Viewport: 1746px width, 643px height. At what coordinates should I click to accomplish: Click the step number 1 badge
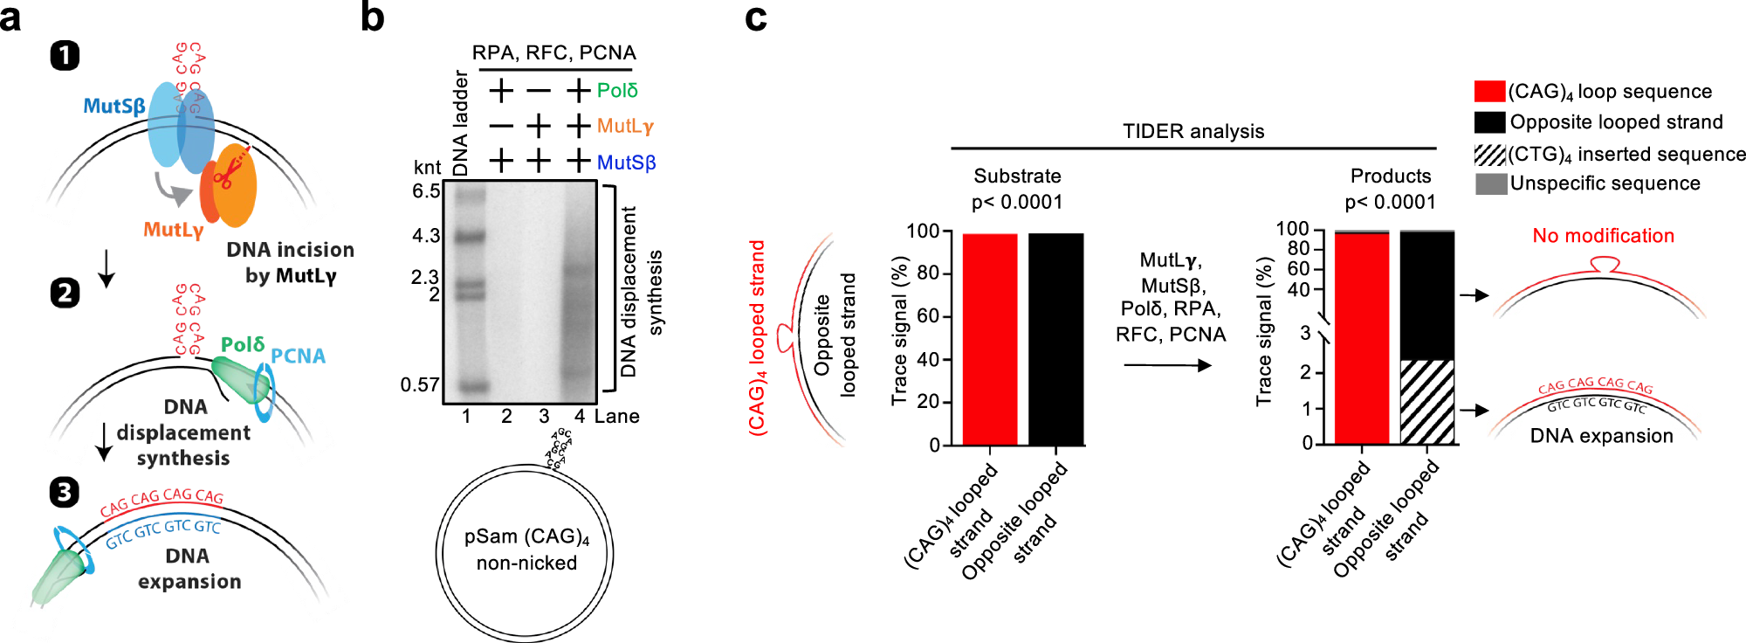click(x=65, y=56)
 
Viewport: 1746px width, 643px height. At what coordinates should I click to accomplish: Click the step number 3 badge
click(x=64, y=492)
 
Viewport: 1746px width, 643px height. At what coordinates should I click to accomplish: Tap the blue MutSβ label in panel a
click(x=114, y=107)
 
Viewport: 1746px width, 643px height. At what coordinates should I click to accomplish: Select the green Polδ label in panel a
click(x=243, y=344)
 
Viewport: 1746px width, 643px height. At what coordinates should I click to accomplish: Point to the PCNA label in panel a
click(x=298, y=356)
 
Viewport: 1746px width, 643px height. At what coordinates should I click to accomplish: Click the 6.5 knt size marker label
click(x=426, y=191)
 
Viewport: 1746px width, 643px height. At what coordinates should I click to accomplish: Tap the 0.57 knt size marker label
click(x=420, y=384)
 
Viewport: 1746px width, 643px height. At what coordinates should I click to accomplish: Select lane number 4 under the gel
click(x=580, y=417)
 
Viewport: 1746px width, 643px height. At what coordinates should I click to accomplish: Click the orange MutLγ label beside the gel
click(x=625, y=126)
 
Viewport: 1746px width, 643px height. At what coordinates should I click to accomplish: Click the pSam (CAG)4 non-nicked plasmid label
click(x=526, y=550)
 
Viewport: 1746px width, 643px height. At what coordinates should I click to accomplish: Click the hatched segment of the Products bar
click(x=1427, y=402)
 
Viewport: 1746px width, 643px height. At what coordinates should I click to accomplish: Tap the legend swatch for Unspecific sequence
click(x=1490, y=183)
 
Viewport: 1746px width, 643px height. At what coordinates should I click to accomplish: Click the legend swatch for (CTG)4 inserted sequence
click(x=1490, y=155)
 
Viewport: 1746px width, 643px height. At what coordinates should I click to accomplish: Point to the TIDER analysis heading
click(x=1193, y=131)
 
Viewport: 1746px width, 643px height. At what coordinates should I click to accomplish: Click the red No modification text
click(x=1603, y=236)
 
